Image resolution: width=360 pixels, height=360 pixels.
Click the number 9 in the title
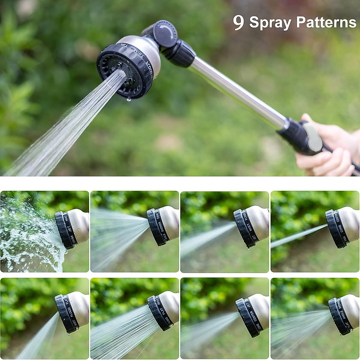[238, 22]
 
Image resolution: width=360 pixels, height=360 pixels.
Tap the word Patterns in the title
[326, 22]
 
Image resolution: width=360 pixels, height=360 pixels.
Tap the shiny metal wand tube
[237, 90]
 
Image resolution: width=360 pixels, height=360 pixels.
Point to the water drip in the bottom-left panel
[69, 333]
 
